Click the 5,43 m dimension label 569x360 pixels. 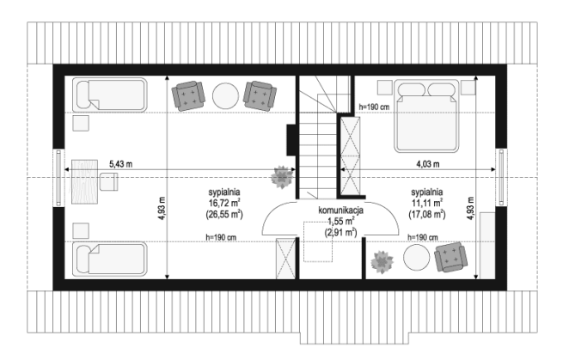click(x=121, y=164)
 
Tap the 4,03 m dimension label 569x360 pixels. click(x=427, y=164)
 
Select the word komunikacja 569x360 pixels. click(x=340, y=211)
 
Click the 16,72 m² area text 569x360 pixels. click(x=223, y=203)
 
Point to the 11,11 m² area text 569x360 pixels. click(x=426, y=203)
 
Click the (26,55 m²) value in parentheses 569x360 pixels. click(x=223, y=214)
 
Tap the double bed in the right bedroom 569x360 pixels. click(x=426, y=116)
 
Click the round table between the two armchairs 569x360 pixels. click(x=225, y=96)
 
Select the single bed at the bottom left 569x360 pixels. click(x=110, y=259)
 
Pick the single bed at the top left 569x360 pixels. click(x=110, y=95)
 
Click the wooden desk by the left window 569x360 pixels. click(x=84, y=181)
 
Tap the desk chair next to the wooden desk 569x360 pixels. click(x=109, y=181)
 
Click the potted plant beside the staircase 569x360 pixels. click(x=282, y=177)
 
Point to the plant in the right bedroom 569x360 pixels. click(x=382, y=262)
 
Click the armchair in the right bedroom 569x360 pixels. click(x=450, y=257)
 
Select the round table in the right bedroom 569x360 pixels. click(x=417, y=257)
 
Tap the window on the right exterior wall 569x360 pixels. click(x=501, y=178)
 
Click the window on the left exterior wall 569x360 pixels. click(x=58, y=178)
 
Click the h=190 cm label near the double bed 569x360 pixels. click(x=374, y=107)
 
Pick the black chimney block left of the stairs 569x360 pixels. click(x=291, y=140)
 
